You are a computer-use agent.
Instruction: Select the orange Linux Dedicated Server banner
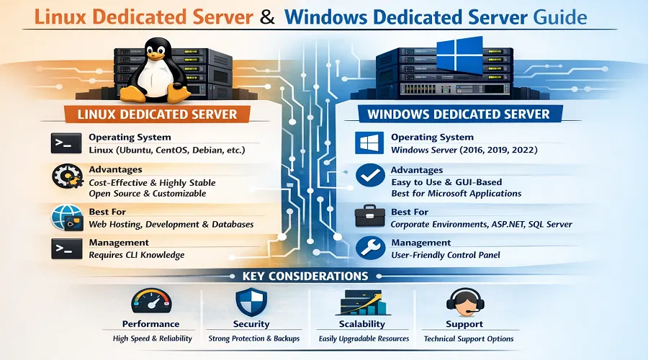tap(157, 114)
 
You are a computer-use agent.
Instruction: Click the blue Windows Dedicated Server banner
tap(458, 114)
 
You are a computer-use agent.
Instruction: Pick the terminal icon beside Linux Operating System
tap(65, 143)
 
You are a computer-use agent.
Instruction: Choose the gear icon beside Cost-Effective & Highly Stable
tap(65, 177)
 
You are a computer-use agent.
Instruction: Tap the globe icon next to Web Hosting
tap(65, 217)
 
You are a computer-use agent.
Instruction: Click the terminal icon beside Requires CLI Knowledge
tap(65, 248)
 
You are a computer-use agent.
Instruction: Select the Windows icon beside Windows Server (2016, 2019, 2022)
tap(369, 143)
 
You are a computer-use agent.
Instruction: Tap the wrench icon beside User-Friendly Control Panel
tap(369, 248)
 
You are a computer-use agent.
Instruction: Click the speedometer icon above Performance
tap(150, 302)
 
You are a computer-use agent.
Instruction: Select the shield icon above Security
tap(251, 302)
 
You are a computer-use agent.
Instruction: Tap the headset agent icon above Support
tap(464, 301)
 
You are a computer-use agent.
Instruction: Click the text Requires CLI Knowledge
tap(136, 255)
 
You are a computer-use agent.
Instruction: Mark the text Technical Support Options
tap(469, 338)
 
